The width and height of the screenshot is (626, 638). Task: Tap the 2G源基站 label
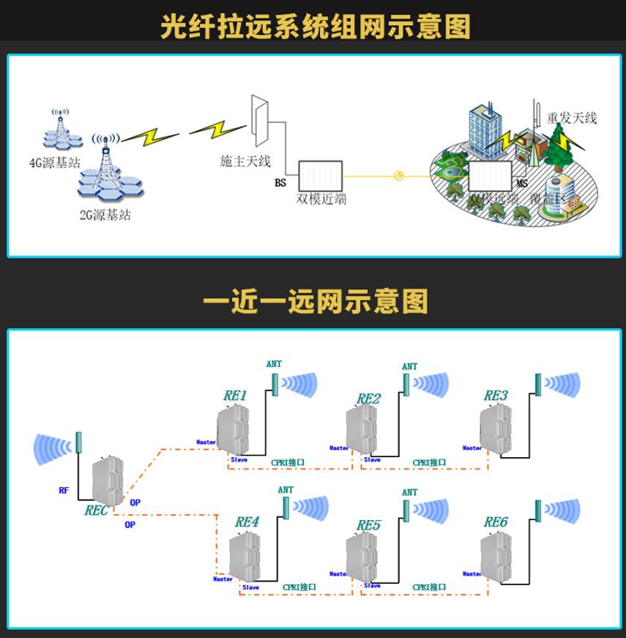coord(105,215)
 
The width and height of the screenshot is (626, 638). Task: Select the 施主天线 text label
coord(245,161)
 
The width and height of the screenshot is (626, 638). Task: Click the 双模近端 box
coord(321,177)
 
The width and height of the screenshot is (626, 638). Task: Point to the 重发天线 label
coord(573,117)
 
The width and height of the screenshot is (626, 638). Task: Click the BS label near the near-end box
coord(280,183)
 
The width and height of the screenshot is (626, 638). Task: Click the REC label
coord(97,510)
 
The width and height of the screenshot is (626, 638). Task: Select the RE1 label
coord(235,396)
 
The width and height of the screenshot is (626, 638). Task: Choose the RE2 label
coord(368,398)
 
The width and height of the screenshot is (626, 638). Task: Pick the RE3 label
coord(496,396)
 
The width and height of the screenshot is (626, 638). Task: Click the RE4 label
coord(247,522)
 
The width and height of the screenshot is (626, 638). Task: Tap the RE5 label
coord(368,525)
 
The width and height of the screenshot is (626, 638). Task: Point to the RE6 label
coord(496,522)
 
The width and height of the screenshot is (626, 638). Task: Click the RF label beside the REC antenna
coord(64,490)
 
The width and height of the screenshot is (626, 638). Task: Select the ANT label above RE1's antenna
coord(274,364)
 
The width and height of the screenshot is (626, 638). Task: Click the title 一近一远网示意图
coord(315,302)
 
